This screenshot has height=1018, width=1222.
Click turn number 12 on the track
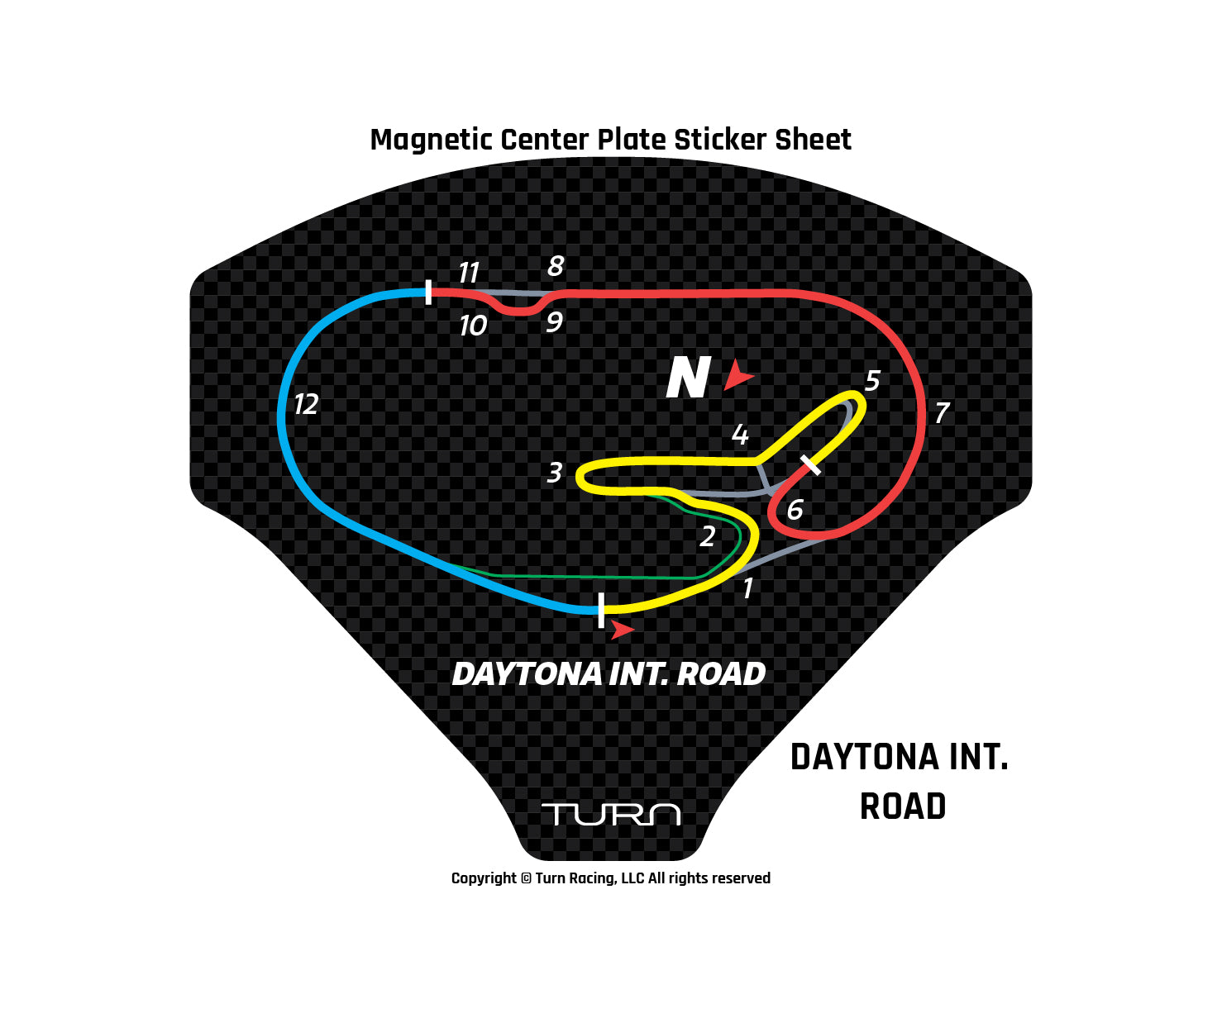pyautogui.click(x=306, y=404)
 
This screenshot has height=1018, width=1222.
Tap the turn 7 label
pyautogui.click(x=942, y=412)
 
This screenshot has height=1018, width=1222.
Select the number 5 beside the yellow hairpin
pyautogui.click(x=872, y=381)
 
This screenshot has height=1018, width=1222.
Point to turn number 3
pyautogui.click(x=555, y=473)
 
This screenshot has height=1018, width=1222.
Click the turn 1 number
pyautogui.click(x=748, y=588)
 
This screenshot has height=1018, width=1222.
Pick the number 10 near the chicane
pyautogui.click(x=473, y=326)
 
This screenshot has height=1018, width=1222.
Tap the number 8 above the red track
pyautogui.click(x=556, y=266)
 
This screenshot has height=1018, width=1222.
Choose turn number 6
pyautogui.click(x=795, y=510)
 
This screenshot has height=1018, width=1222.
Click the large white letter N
pyautogui.click(x=688, y=378)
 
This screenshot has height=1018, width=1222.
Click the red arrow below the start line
pyautogui.click(x=621, y=630)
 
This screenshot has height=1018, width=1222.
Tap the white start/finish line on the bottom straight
pyautogui.click(x=601, y=610)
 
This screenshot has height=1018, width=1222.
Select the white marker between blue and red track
pyautogui.click(x=428, y=292)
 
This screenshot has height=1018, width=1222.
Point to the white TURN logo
pyautogui.click(x=611, y=814)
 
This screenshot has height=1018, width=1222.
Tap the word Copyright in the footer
pyautogui.click(x=484, y=878)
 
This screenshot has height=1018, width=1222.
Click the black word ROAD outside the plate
pyautogui.click(x=903, y=807)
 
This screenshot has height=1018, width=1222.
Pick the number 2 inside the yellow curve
pyautogui.click(x=708, y=537)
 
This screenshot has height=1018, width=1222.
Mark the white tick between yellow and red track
pyautogui.click(x=811, y=465)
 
